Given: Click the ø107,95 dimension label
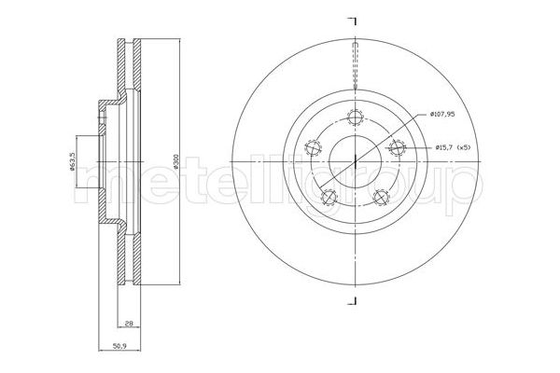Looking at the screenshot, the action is (x=442, y=114).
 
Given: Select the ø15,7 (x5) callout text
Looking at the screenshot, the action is (x=453, y=147).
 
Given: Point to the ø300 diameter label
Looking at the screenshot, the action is (x=175, y=161).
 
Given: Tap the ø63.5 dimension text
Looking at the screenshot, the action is (x=72, y=161).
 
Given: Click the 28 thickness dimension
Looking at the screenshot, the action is (x=130, y=324).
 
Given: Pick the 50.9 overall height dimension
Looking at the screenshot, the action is (x=119, y=346).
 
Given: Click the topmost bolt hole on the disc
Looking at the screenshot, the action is (x=356, y=117).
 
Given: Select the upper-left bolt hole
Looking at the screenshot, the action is (x=314, y=147).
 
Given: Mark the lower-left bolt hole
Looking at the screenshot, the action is (x=329, y=197).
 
